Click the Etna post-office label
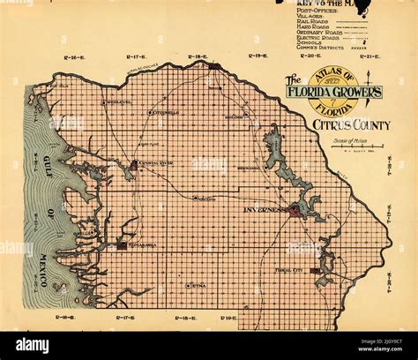pyautogui.click(x=199, y=286)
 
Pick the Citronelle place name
pyautogui.click(x=165, y=113)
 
